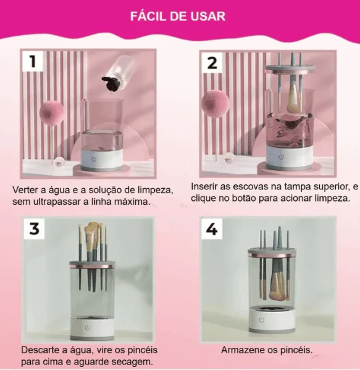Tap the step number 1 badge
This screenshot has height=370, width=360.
33,61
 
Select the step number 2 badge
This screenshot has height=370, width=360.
212,62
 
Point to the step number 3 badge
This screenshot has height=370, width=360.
34,228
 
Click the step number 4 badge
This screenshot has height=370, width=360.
212,229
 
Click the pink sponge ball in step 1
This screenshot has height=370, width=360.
51,113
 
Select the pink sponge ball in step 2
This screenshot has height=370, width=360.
215,103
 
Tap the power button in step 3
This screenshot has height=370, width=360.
88,327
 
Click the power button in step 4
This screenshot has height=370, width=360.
261,319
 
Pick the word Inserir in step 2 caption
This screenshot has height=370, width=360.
204,186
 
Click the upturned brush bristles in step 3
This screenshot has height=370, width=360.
91,234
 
